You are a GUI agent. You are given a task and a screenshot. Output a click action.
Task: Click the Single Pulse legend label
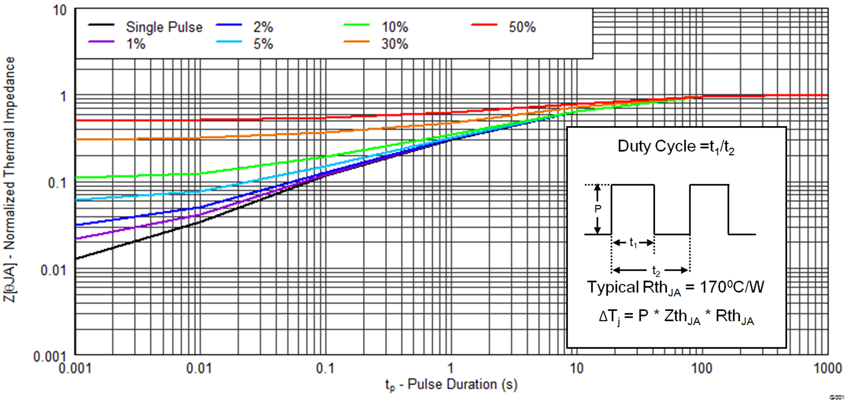(x=164, y=27)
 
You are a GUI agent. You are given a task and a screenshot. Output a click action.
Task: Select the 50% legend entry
(x=522, y=27)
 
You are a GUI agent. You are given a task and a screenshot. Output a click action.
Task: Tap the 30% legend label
(x=395, y=44)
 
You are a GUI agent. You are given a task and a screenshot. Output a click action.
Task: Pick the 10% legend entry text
(x=395, y=27)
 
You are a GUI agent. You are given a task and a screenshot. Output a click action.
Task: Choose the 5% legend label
(x=263, y=44)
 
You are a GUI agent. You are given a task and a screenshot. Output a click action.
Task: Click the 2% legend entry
(x=263, y=27)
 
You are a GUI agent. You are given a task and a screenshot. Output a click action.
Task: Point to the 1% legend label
(x=136, y=44)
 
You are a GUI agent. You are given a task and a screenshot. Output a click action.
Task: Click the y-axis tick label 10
(x=60, y=10)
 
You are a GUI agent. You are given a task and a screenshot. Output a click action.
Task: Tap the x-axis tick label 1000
(x=828, y=368)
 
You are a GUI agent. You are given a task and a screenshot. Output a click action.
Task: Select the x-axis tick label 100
(x=702, y=368)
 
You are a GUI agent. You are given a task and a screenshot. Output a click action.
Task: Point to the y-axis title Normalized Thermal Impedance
(x=9, y=180)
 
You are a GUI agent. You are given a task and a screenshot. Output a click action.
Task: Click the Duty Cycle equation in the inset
(x=676, y=147)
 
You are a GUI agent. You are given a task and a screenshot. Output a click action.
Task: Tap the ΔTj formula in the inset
(x=676, y=317)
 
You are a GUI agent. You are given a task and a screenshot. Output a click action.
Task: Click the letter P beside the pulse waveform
(x=598, y=209)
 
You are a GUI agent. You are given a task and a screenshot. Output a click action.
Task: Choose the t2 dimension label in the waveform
(x=656, y=270)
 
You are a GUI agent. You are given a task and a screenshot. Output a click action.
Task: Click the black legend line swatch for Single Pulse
(x=101, y=25)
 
